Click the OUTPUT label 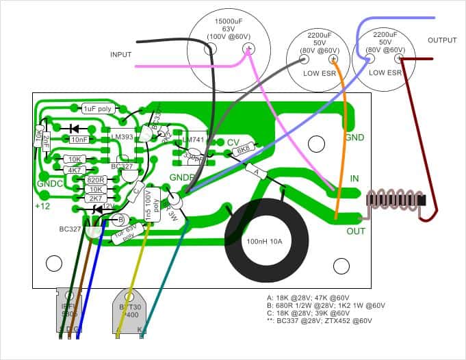tap(442, 40)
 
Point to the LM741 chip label tap(194, 140)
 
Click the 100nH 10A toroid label tap(264, 242)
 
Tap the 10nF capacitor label tap(79, 139)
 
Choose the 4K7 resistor tap(74, 169)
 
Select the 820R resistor tap(96, 179)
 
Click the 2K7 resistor tap(96, 198)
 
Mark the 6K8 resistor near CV tap(243, 149)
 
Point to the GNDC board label tap(49, 184)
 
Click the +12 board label tap(42, 205)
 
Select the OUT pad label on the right tap(355, 231)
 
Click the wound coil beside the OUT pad tap(393, 199)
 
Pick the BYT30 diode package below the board tap(130, 311)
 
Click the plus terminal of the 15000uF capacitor tap(247, 48)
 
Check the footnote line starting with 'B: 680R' tap(326, 307)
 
